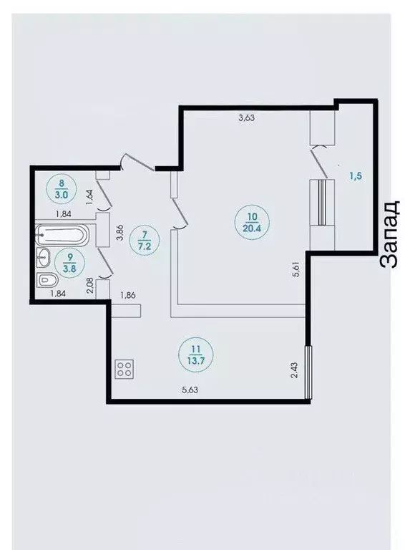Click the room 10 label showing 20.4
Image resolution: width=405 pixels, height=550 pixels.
tap(252, 222)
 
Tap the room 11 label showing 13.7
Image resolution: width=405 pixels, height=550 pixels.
tap(195, 354)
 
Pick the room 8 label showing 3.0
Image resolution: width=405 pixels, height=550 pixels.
tap(62, 188)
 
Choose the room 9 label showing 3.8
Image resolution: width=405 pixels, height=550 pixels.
tap(70, 262)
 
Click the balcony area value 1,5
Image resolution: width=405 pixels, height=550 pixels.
tap(355, 176)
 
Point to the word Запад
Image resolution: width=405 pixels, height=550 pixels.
tap(389, 234)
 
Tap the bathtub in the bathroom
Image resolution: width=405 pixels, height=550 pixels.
tap(62, 235)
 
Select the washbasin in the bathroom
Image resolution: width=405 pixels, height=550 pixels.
tap(43, 257)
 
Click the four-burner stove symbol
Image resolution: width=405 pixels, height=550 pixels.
tap(125, 369)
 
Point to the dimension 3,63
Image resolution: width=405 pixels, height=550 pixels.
tap(246, 118)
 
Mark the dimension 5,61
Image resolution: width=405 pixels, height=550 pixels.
tap(296, 270)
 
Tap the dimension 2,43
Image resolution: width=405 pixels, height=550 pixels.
tap(294, 370)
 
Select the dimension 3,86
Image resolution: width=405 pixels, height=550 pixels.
tap(120, 232)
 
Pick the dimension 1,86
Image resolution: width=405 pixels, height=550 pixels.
tap(127, 295)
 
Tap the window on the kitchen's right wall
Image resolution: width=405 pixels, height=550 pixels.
tap(308, 372)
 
